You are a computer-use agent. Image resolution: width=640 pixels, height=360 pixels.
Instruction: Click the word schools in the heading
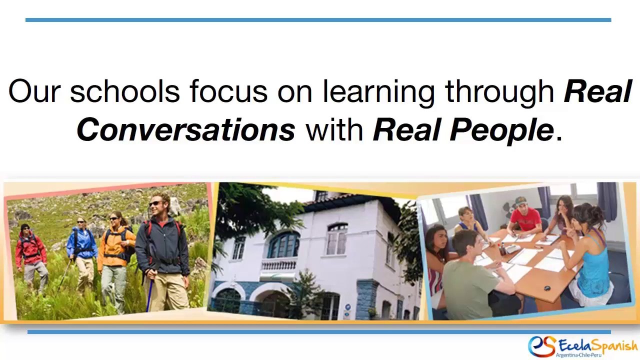[124, 92]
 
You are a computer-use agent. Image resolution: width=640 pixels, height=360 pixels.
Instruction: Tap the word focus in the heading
[228, 92]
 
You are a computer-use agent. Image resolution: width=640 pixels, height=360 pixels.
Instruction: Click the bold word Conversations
[185, 130]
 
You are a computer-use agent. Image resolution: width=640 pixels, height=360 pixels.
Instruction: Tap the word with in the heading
[334, 130]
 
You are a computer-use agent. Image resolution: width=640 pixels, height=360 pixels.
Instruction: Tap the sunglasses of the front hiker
[155, 203]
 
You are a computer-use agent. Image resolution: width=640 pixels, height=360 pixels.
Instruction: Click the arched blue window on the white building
[283, 245]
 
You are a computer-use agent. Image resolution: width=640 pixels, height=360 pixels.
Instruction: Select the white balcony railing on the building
[278, 264]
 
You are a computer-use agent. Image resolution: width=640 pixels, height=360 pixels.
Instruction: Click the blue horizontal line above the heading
[318, 20]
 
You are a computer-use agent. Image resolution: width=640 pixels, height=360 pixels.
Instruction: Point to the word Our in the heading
[34, 92]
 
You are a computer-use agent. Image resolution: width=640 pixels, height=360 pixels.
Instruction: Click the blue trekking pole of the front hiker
[149, 295]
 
